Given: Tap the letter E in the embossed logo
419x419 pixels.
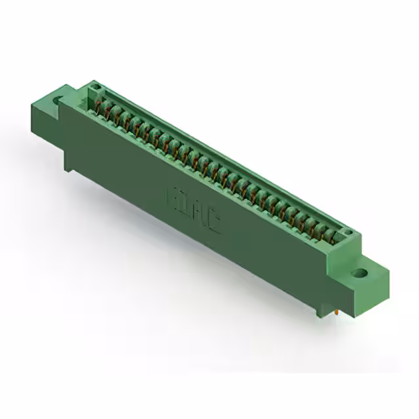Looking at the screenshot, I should (175, 196).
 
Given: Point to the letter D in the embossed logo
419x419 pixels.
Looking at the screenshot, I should (189, 206).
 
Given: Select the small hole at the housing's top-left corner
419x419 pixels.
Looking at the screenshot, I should (95, 86).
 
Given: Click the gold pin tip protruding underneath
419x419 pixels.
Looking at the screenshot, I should (336, 314).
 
